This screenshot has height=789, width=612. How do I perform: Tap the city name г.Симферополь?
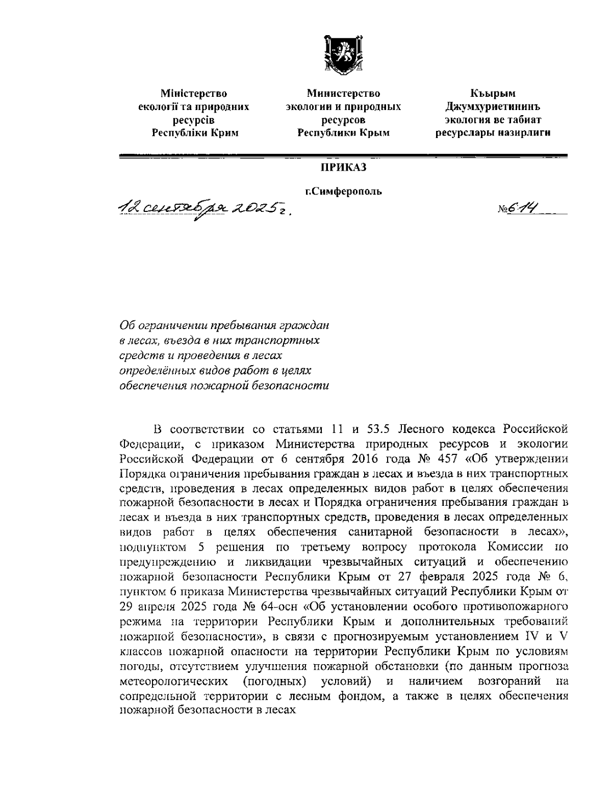coord(343,192)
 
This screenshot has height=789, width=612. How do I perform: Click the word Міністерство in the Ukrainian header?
coord(194,94)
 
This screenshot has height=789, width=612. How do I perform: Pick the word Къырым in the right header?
coord(493,94)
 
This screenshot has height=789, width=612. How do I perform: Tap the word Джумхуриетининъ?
coord(493,107)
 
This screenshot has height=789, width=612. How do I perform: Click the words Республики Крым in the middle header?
coord(343,133)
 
